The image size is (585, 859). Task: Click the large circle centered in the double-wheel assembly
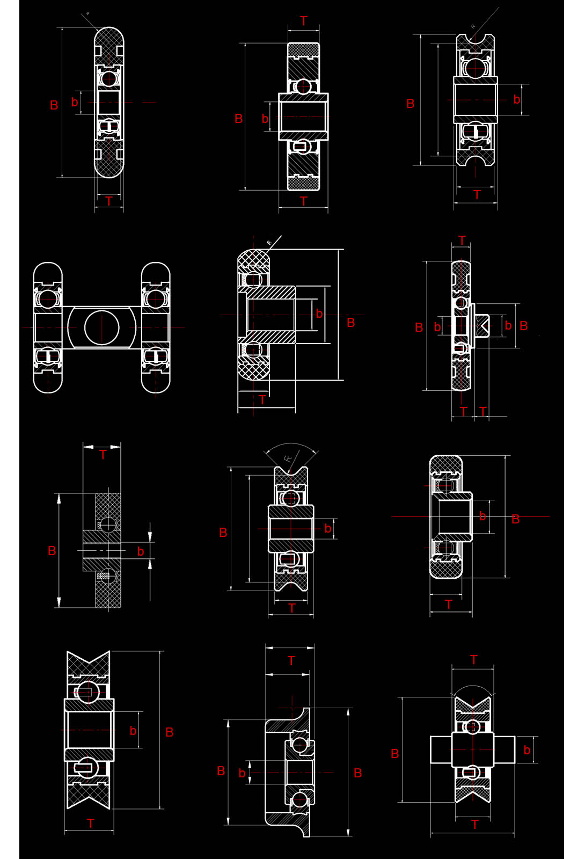(x=101, y=327)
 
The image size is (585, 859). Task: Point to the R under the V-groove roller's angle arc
(x=288, y=458)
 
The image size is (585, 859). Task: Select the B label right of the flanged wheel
(x=358, y=773)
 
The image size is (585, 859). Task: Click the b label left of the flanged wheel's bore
(x=242, y=773)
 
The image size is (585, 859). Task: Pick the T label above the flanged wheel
(x=291, y=661)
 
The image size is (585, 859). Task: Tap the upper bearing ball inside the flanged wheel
(x=299, y=745)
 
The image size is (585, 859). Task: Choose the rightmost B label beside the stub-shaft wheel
(x=524, y=326)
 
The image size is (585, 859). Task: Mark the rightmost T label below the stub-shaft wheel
(x=483, y=412)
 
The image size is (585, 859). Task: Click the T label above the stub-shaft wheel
(x=462, y=240)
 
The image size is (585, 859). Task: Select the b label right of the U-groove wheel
(x=516, y=99)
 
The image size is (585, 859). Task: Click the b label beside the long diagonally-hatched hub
(x=319, y=314)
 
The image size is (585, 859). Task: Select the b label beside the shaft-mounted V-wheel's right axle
(x=526, y=750)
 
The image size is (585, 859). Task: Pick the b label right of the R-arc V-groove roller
(x=327, y=529)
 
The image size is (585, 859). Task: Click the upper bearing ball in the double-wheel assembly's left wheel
(x=48, y=299)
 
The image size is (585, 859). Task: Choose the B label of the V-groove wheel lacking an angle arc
(x=170, y=732)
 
